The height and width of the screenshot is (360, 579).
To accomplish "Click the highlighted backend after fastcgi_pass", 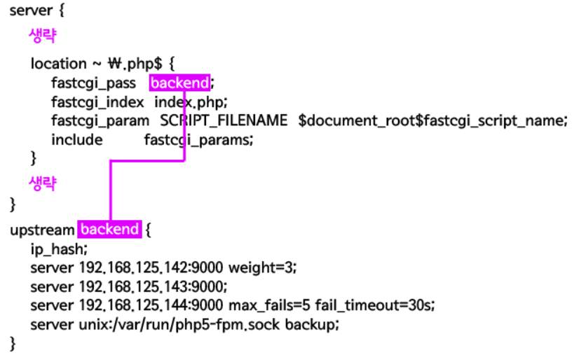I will (180, 83).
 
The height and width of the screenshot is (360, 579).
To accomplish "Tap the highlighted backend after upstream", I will (109, 230).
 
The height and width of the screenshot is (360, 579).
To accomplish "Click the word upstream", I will (42, 230).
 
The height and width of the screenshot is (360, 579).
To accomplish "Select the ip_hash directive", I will (60, 249).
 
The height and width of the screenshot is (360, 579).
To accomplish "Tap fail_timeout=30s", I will (375, 306).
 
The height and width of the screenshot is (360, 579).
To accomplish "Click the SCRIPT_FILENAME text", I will (224, 120).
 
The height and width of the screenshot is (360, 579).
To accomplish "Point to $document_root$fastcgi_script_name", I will (431, 120).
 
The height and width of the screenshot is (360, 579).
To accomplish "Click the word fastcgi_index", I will (98, 102).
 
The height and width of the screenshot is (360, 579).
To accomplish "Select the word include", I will (76, 139).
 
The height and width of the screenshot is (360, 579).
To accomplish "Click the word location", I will (60, 64).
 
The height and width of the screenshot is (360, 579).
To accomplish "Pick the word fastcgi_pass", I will (93, 83).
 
